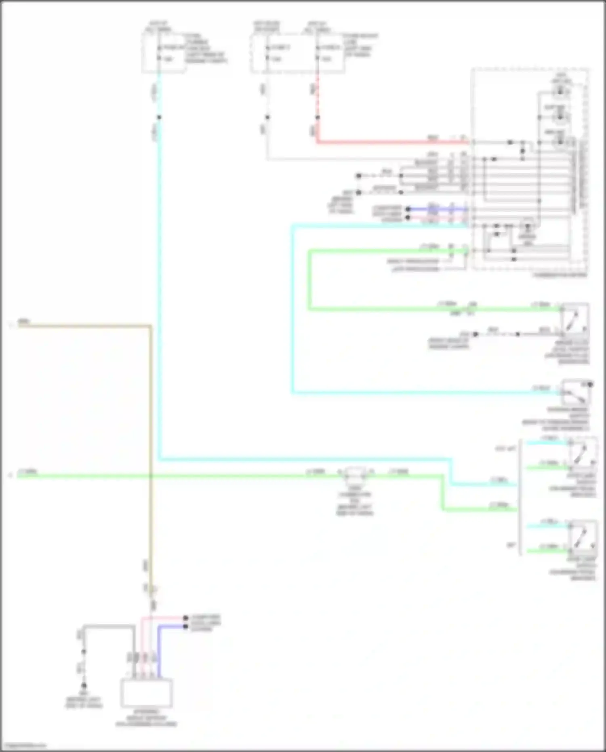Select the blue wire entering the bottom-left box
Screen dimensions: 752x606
pyautogui.click(x=159, y=651)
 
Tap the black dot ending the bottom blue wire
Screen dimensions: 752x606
pyautogui.click(x=185, y=627)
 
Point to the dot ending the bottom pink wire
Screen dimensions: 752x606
pyautogui.click(x=185, y=618)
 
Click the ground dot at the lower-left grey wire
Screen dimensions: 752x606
pyautogui.click(x=84, y=686)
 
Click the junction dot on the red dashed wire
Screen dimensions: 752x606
pyautogui.click(x=318, y=118)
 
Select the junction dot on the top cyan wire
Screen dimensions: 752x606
pyautogui.click(x=159, y=118)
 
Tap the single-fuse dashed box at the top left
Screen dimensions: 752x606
pyautogui.click(x=164, y=53)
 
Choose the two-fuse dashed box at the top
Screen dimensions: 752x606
pyautogui.click(x=297, y=53)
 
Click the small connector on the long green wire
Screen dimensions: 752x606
pyautogui.click(x=356, y=473)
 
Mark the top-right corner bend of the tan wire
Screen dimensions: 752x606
pyautogui.click(x=151, y=326)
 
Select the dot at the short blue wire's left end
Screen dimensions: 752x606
pyautogui.click(x=408, y=209)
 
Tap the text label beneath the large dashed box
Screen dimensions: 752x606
pyautogui.click(x=559, y=275)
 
